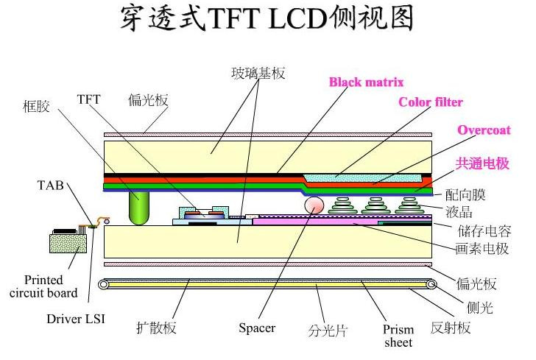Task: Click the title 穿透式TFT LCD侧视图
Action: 267,20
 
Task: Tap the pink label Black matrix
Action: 366,82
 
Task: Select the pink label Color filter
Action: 431,102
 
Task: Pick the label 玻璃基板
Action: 258,73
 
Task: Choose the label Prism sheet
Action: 398,336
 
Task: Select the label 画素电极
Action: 482,249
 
